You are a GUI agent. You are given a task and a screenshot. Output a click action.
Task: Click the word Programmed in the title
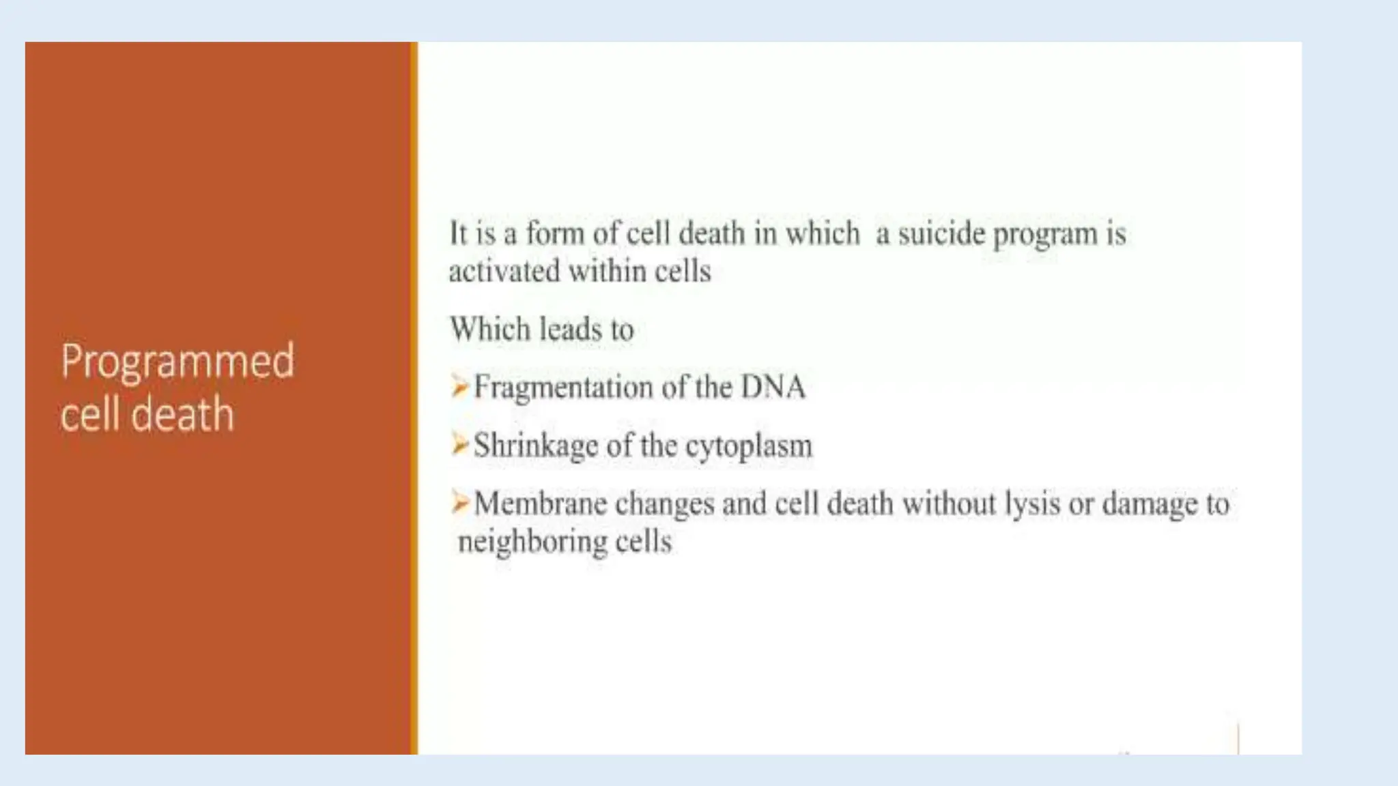[x=177, y=362]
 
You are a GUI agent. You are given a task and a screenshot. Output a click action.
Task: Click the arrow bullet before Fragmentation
[x=459, y=387]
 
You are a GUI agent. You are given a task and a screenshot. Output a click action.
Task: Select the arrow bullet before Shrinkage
[x=459, y=445]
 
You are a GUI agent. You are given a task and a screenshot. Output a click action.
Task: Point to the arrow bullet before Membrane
[x=459, y=504]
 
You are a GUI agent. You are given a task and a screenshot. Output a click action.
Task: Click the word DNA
[x=773, y=387]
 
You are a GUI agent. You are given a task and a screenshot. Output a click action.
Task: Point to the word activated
[x=504, y=271]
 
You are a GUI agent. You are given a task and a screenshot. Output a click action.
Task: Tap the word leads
[x=571, y=329]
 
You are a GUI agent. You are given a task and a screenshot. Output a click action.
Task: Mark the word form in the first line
[x=554, y=233]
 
